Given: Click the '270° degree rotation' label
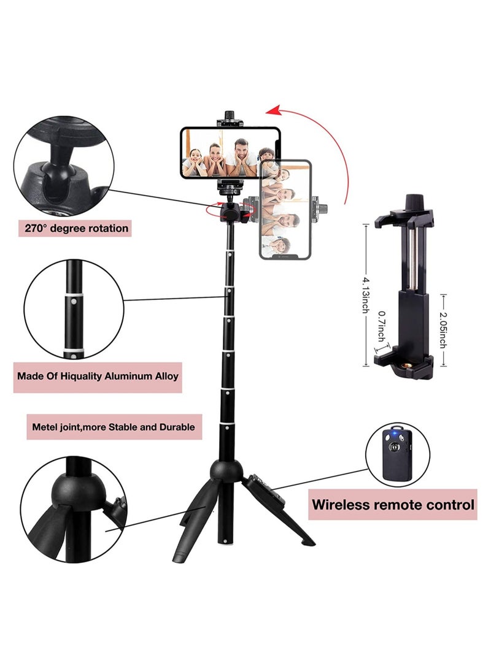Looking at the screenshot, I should [x=77, y=228].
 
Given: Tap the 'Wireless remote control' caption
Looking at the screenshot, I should [x=393, y=505].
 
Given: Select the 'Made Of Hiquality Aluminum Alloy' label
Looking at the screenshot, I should [x=98, y=375].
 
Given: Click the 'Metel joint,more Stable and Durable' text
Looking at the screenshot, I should [x=114, y=426].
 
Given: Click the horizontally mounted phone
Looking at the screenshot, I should [x=230, y=153].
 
